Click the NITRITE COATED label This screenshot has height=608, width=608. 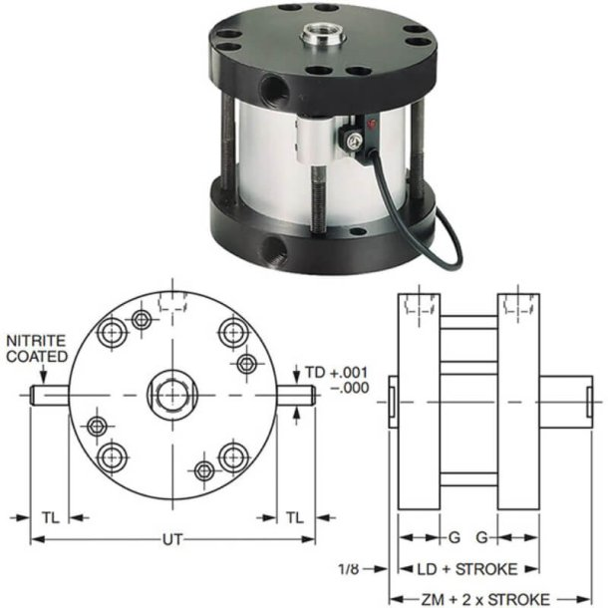pos(38,348)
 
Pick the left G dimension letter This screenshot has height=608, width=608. pos(454,538)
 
